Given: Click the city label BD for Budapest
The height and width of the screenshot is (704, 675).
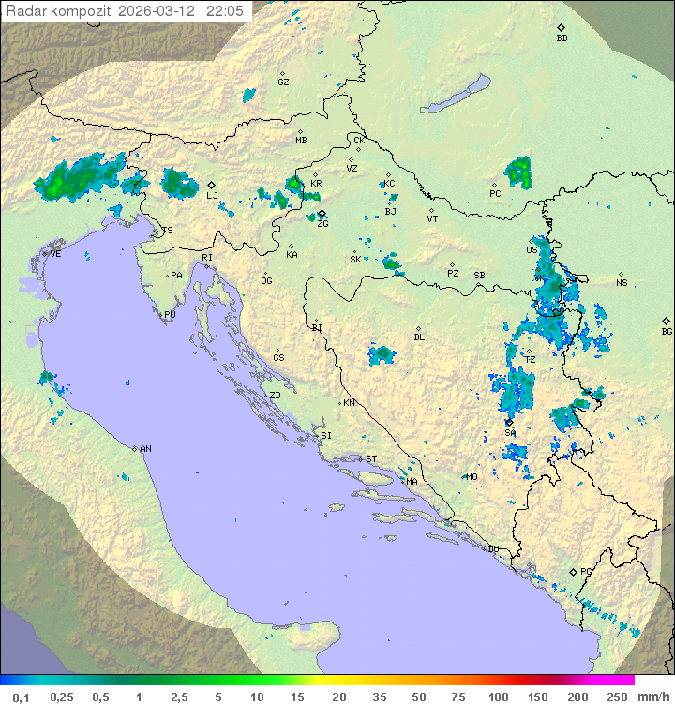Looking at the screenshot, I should click(x=562, y=38).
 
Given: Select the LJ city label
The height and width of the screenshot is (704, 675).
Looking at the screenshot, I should click(x=212, y=195).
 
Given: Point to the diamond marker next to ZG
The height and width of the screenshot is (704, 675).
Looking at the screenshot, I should click(x=322, y=214).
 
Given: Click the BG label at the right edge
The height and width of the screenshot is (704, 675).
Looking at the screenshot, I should click(x=667, y=331).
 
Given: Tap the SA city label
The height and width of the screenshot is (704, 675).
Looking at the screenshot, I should click(x=510, y=432).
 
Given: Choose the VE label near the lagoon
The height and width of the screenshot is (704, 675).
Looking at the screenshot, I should click(x=55, y=254).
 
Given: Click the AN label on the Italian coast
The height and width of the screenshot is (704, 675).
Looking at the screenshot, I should click(x=145, y=449).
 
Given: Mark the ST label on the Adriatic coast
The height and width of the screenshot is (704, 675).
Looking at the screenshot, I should click(x=371, y=459).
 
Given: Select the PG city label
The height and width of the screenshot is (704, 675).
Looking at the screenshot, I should click(x=586, y=571).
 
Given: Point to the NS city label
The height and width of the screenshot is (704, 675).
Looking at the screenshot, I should click(x=622, y=282).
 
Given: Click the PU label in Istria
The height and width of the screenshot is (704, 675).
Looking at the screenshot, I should click(x=170, y=315).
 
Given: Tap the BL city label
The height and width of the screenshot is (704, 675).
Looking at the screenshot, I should click(x=419, y=337).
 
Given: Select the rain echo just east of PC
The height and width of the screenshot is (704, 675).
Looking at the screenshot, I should click(x=517, y=172).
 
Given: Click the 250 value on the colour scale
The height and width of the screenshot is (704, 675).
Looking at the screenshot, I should click(x=616, y=697).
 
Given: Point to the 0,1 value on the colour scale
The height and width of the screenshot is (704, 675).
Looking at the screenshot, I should click(x=21, y=697).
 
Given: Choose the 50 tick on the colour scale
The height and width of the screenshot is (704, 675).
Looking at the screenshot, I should click(x=418, y=697).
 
